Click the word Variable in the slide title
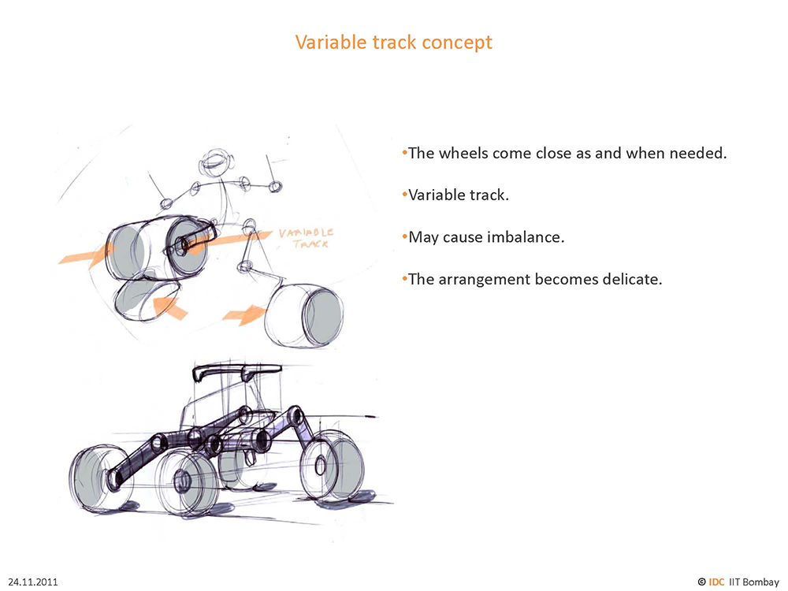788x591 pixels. (331, 43)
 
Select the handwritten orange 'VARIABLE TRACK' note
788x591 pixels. (306, 238)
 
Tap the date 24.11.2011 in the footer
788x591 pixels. (33, 582)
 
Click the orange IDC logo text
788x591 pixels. (716, 582)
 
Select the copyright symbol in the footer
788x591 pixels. (701, 582)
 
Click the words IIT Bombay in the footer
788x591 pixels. (754, 582)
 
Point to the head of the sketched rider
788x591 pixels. (217, 163)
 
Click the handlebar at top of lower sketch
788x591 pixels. (236, 373)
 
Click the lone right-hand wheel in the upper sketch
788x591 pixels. (304, 316)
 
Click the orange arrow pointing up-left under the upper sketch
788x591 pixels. (169, 307)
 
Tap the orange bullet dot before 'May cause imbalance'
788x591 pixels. (404, 236)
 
